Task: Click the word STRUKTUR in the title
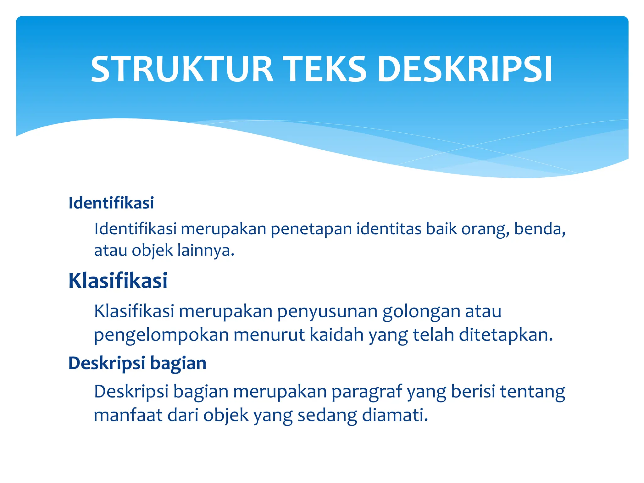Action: click(x=182, y=69)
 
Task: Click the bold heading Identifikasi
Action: click(x=111, y=203)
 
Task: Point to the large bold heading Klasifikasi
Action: click(x=118, y=280)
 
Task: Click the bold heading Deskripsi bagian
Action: click(x=137, y=363)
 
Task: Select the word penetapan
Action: click(x=311, y=229)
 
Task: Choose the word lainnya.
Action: click(x=206, y=251)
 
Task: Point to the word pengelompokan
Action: click(x=161, y=335)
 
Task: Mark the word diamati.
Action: click(x=395, y=415)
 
